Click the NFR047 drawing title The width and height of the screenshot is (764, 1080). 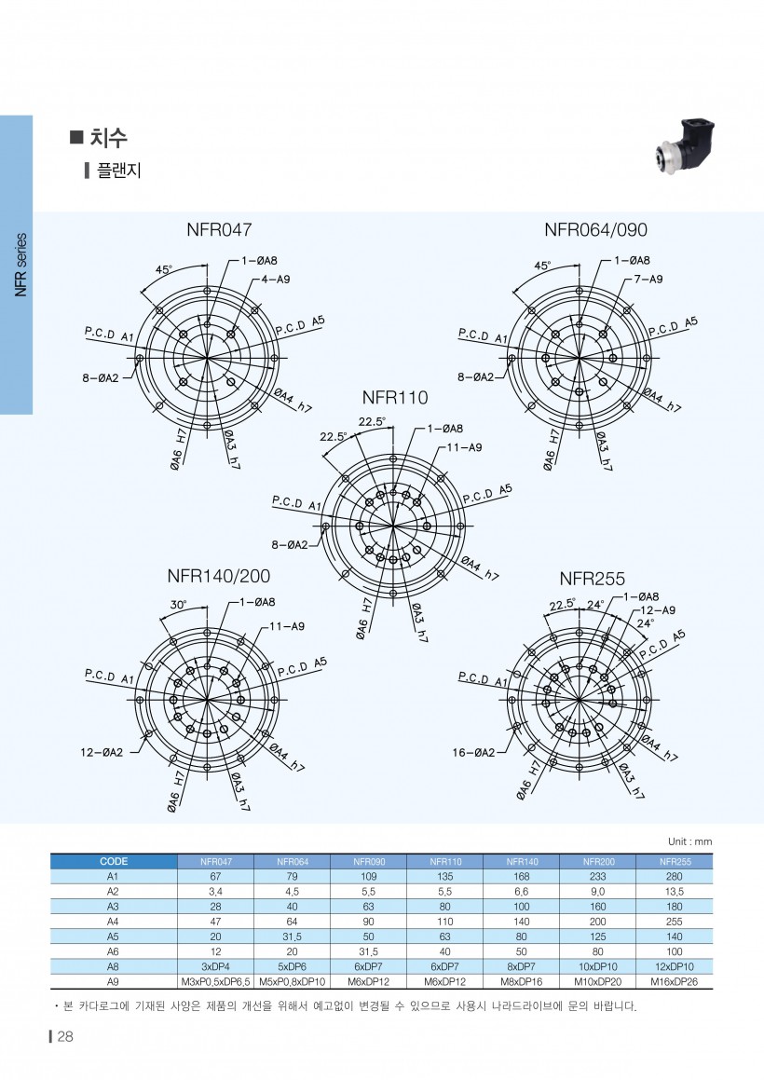219,229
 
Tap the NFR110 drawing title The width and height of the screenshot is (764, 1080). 395,397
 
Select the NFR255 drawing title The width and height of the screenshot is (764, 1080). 592,579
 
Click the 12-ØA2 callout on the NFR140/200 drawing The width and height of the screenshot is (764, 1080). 102,752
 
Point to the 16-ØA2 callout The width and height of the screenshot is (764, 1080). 473,753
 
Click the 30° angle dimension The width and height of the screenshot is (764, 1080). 179,605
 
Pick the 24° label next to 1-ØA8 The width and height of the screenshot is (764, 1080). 595,605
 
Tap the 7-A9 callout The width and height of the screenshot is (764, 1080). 648,279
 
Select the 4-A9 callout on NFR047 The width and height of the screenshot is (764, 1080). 276,279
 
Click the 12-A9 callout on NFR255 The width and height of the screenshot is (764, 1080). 658,610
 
